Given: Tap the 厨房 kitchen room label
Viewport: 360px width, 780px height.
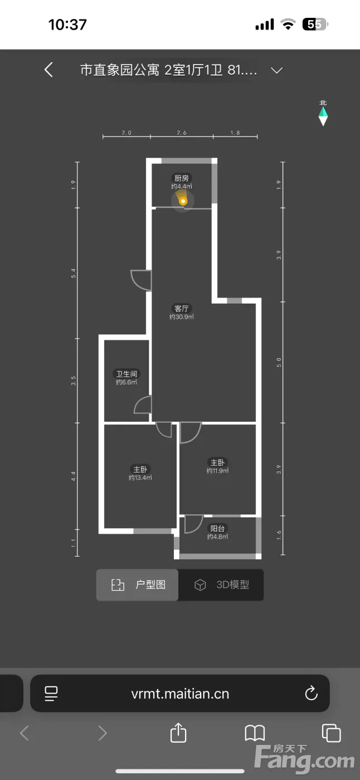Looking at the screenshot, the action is [181, 178].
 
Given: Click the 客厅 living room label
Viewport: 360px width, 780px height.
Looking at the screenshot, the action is [181, 309].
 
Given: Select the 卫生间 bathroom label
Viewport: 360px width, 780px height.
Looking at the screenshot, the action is [127, 374].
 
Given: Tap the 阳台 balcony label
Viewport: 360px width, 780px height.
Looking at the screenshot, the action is [217, 529].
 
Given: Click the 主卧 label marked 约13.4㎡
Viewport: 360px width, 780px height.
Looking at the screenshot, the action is [140, 469].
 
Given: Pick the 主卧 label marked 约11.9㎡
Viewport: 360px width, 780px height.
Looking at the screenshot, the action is [217, 462].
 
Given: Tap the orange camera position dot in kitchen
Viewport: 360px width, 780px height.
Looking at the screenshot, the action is [183, 201].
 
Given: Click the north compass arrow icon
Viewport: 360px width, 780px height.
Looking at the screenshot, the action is [323, 116].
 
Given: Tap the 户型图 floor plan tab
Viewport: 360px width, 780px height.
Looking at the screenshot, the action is [137, 585].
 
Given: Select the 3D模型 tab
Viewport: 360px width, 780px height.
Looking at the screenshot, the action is [221, 585].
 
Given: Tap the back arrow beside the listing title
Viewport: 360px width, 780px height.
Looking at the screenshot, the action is [48, 70].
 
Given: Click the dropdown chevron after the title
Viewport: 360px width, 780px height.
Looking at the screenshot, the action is [277, 70].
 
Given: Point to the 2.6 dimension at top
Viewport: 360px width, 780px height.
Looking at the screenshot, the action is [181, 133].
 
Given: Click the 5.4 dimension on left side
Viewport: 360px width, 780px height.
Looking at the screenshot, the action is [73, 274].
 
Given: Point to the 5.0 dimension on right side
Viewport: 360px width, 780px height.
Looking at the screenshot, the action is [279, 363].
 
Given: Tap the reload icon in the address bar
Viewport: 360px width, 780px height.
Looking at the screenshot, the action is [312, 693].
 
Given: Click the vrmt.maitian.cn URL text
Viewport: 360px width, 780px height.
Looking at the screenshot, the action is [180, 694].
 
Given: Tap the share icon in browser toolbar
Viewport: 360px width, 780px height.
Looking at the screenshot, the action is [178, 733].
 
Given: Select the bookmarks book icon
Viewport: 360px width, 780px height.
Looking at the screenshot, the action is [255, 733].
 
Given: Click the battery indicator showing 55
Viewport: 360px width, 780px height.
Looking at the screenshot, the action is [315, 25].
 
